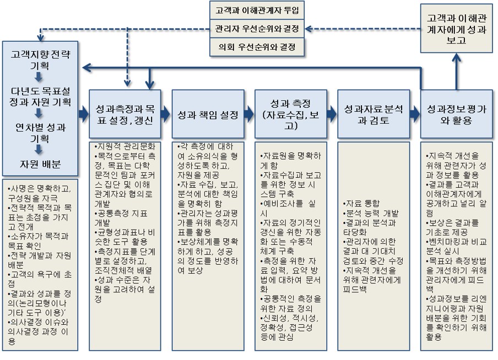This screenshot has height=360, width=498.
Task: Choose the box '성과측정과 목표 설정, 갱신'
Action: click(x=124, y=114)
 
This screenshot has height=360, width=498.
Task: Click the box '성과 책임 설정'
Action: click(x=208, y=114)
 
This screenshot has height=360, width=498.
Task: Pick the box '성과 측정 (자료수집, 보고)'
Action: click(x=291, y=114)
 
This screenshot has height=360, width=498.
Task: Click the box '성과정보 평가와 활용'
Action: click(x=456, y=114)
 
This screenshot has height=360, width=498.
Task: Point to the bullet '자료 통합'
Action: click(x=361, y=203)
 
